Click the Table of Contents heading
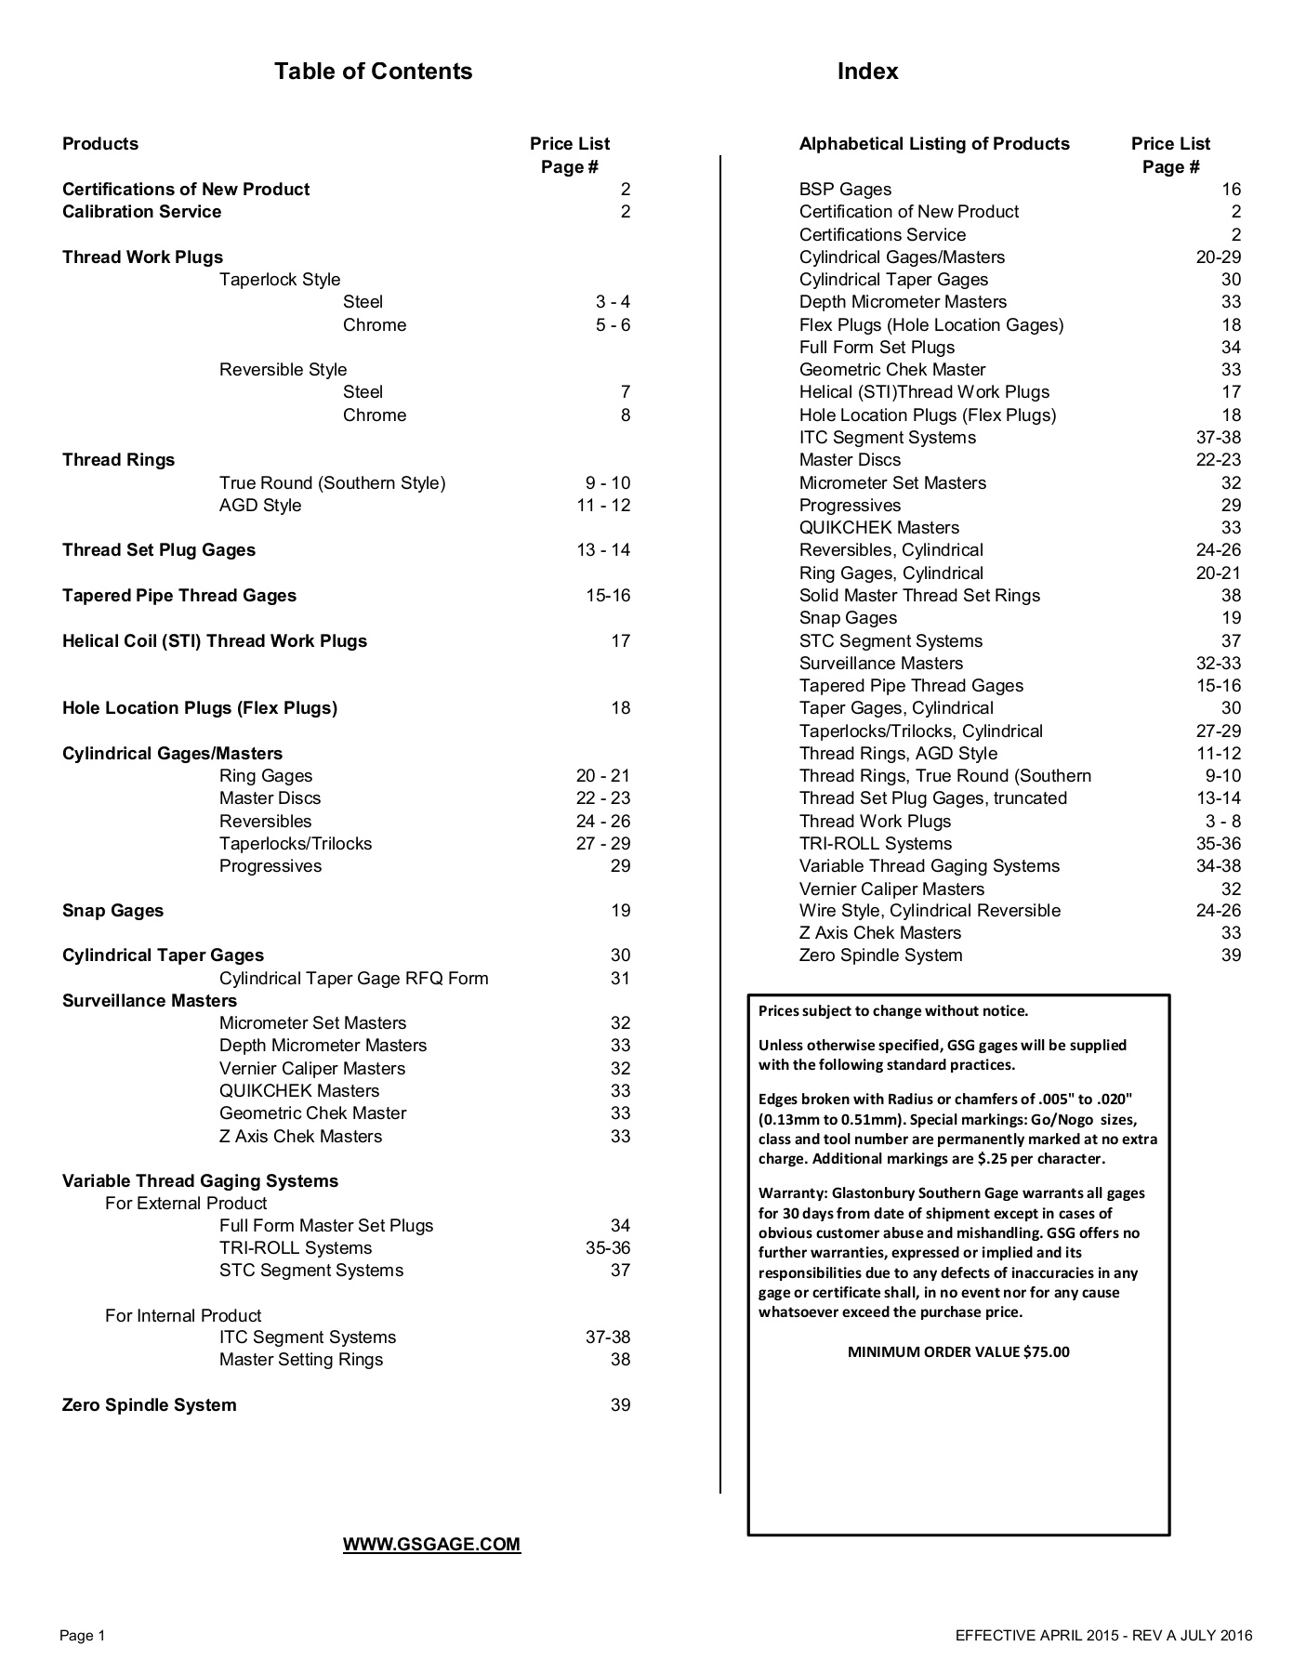(373, 72)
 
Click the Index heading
(867, 72)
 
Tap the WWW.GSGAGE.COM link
(431, 1544)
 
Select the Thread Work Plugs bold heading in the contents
(142, 257)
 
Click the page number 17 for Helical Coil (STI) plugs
(620, 640)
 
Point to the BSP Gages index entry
(845, 189)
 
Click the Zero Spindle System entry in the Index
(880, 955)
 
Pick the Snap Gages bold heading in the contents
(112, 910)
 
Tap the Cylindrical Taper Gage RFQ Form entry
(353, 978)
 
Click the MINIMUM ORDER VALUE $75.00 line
(958, 1351)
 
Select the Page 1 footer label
(83, 1635)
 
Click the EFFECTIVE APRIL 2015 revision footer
(1103, 1635)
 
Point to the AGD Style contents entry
(260, 505)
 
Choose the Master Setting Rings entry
(301, 1359)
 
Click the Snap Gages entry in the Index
(848, 617)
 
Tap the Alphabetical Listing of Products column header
(934, 143)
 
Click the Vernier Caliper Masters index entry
(891, 889)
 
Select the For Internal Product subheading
(183, 1315)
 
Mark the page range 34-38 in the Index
(1218, 865)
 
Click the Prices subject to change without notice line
(893, 1010)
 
